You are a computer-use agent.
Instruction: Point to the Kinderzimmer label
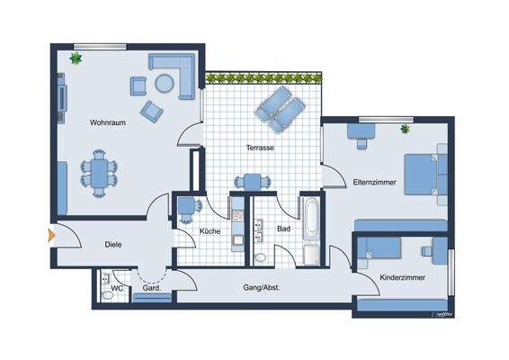[401, 277]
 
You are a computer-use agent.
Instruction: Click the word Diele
[113, 244]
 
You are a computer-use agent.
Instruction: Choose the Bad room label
[284, 229]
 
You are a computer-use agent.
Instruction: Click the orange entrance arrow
[50, 237]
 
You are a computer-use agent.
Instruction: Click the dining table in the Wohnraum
[99, 172]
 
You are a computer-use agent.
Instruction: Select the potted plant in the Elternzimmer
[406, 130]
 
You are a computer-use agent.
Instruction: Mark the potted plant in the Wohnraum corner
[76, 59]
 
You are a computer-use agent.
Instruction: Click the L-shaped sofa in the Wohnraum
[181, 72]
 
